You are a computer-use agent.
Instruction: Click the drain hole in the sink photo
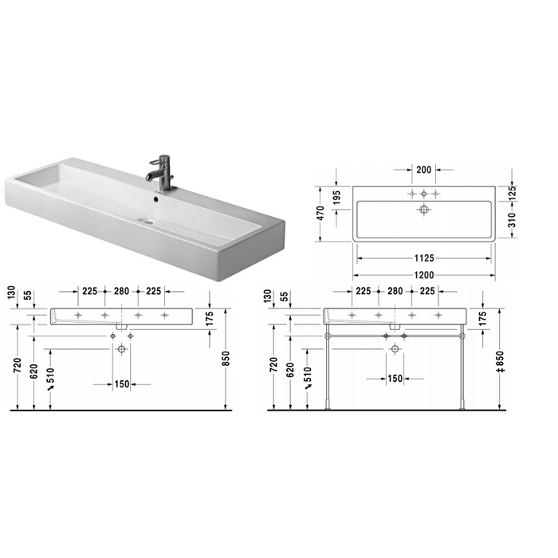tap(147, 222)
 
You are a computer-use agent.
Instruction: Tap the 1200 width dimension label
tap(424, 275)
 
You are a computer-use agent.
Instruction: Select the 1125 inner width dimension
tap(424, 258)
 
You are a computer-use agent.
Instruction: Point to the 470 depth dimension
tap(320, 213)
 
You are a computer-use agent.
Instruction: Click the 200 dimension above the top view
tap(423, 170)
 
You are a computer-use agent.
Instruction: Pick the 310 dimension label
tap(512, 220)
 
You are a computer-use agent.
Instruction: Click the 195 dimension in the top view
tap(336, 198)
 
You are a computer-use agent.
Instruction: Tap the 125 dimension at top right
tap(512, 193)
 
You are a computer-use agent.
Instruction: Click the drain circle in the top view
tap(423, 209)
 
